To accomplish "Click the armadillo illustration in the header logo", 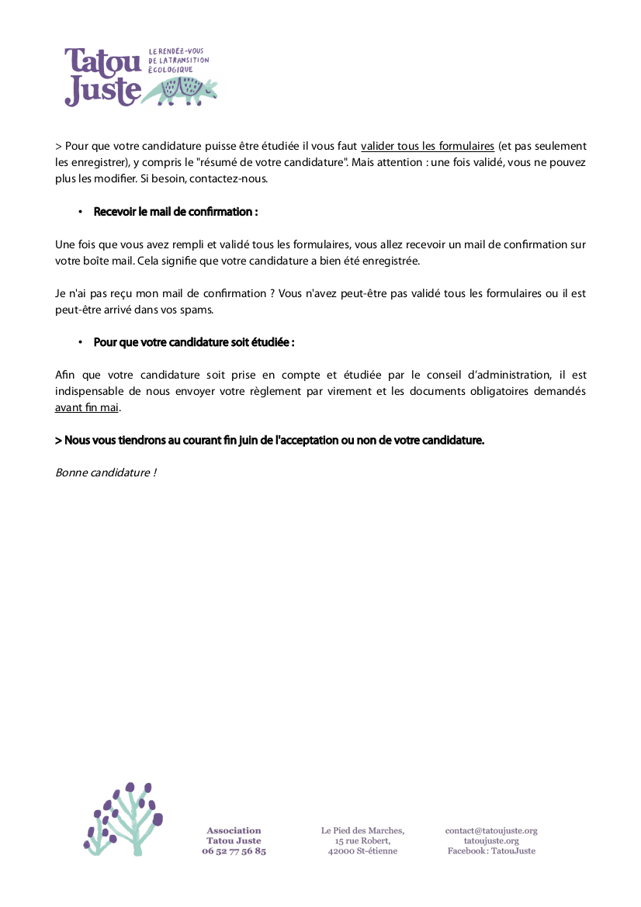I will (x=186, y=91).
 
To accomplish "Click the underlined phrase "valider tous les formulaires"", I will (x=428, y=146).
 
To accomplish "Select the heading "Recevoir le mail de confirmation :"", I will (x=175, y=212).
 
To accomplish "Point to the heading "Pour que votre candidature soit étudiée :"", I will (x=194, y=342).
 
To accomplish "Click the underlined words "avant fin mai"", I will (x=87, y=407).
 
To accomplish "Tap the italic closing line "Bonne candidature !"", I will (x=106, y=473).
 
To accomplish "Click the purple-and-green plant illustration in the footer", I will (x=123, y=819).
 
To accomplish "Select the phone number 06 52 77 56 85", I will (x=234, y=851).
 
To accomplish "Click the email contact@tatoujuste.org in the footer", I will (x=491, y=831).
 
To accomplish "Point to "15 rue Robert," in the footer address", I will (x=362, y=841).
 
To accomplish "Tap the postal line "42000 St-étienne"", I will (x=362, y=851).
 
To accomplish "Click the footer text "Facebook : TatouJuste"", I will (x=491, y=851).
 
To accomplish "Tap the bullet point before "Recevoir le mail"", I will (x=80, y=213).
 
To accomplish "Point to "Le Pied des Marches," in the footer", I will (x=362, y=831).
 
